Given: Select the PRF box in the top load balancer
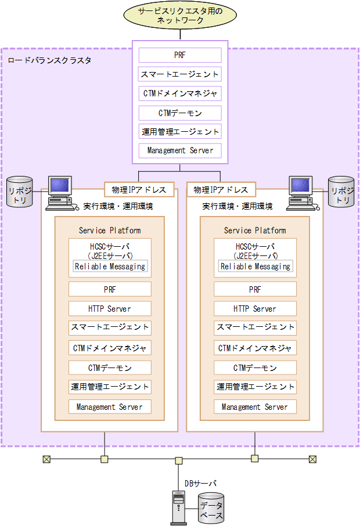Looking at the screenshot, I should pyautogui.click(x=180, y=56).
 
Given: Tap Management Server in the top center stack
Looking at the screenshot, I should pyautogui.click(x=180, y=150).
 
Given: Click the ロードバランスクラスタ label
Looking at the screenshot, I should pyautogui.click(x=49, y=60).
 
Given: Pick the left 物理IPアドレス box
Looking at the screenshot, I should pyautogui.click(x=139, y=189).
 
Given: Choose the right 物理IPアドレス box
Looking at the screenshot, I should pyautogui.click(x=221, y=189).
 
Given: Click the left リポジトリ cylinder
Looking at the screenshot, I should pyautogui.click(x=18, y=192).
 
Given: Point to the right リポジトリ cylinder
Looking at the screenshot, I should pyautogui.click(x=341, y=192).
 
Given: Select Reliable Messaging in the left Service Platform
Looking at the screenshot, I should pyautogui.click(x=110, y=266).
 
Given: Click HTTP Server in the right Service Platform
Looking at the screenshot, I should pyautogui.click(x=255, y=309).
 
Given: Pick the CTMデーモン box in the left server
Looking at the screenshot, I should pyautogui.click(x=110, y=368).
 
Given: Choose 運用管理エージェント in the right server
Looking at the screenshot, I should pyautogui.click(x=255, y=387).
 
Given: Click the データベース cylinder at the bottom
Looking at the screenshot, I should pyautogui.click(x=211, y=507).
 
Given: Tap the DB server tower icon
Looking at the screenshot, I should pyautogui.click(x=179, y=506).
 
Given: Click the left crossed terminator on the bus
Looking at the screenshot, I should pyautogui.click(x=46, y=459).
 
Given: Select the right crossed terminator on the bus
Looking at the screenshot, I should pyautogui.click(x=313, y=459).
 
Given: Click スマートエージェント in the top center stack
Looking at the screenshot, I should pyautogui.click(x=180, y=74).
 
